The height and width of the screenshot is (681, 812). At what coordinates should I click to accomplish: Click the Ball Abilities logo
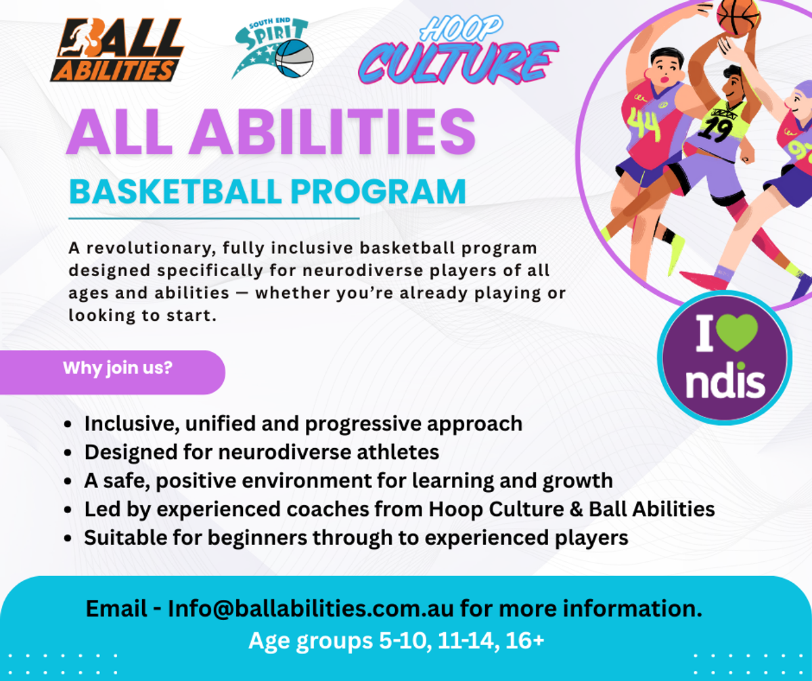116,50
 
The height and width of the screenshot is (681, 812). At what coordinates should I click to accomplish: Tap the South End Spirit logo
273,48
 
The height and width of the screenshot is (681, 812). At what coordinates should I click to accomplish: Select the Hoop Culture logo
459,50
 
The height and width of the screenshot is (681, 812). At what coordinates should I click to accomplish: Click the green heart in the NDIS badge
737,332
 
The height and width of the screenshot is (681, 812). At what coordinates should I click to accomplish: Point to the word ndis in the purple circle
725,380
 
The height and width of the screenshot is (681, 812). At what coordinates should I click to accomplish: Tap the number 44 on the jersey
644,125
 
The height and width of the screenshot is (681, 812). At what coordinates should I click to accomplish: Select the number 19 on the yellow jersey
715,129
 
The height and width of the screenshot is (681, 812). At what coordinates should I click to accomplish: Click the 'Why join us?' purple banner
112,372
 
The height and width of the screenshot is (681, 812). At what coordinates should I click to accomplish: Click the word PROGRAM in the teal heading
378,192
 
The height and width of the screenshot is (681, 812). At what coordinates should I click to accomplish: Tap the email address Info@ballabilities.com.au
311,609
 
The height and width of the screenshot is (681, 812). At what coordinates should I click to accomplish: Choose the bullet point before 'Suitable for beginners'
68,539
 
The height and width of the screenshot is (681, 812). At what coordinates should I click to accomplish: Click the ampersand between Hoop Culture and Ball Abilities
577,509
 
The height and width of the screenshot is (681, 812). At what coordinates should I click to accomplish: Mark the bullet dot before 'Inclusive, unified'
68,424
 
